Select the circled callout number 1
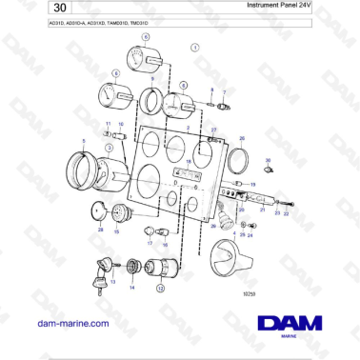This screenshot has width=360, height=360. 196,46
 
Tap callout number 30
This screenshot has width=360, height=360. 268,161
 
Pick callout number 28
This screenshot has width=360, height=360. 100,230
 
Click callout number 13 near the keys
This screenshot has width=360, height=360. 112,282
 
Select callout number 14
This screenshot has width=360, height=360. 132,287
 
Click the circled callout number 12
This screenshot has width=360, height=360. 161,288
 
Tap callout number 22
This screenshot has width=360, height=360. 286,214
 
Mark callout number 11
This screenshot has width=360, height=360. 108,124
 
